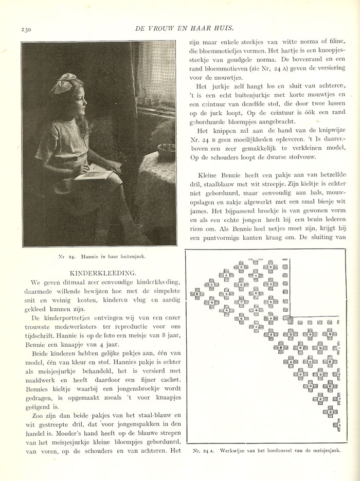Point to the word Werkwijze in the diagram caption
pos(232,451)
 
